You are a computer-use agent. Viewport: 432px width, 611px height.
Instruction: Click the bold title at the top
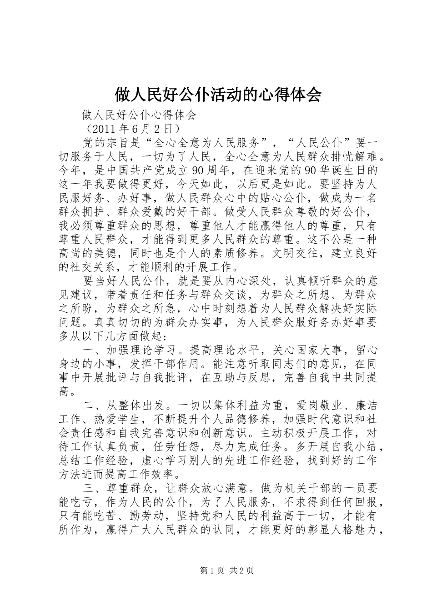(218, 95)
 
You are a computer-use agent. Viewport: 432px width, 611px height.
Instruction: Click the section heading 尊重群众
(129, 488)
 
